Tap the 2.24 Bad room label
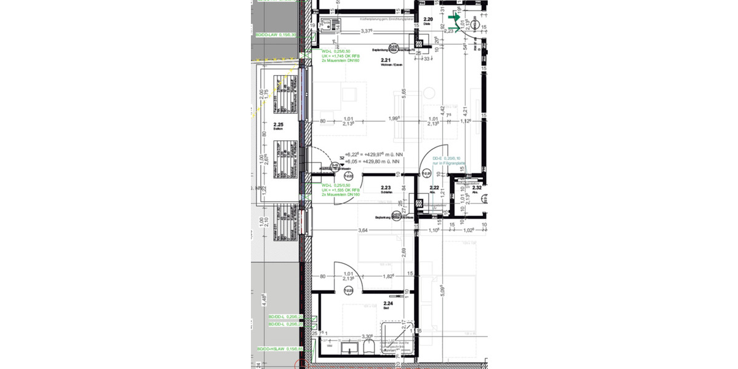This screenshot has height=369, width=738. point(388,304)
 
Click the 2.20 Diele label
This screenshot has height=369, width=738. point(429,21)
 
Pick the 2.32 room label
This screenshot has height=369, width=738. point(477,188)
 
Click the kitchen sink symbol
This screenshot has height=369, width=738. point(330,25)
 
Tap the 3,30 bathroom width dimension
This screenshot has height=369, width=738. point(368,336)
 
